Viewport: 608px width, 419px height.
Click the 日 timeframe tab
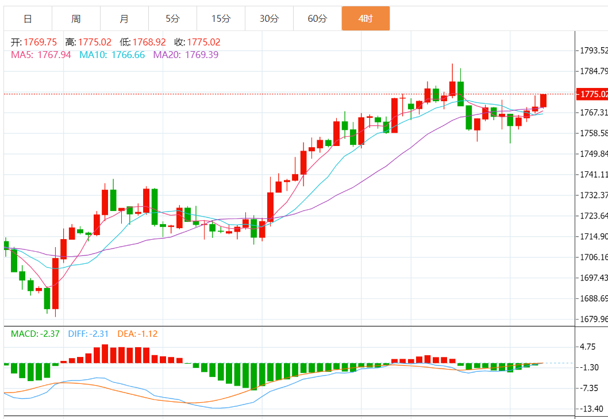[x=28, y=18]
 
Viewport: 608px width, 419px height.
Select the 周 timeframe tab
[x=76, y=18]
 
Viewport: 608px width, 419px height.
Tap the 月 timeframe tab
[x=124, y=18]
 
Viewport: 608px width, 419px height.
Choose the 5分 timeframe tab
[x=172, y=18]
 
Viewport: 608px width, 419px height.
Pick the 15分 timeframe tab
[x=221, y=18]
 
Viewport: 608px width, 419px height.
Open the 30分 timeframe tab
[x=269, y=18]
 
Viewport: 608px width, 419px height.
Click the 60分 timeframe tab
[x=317, y=18]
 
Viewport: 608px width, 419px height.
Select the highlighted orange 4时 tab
[x=365, y=18]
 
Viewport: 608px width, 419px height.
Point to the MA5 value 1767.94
[x=54, y=55]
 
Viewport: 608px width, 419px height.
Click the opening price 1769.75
[x=40, y=42]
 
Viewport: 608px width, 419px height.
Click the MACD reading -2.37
[x=47, y=333]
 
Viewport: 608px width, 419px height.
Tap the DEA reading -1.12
[x=145, y=333]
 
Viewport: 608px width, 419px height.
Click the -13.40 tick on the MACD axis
[x=591, y=409]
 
